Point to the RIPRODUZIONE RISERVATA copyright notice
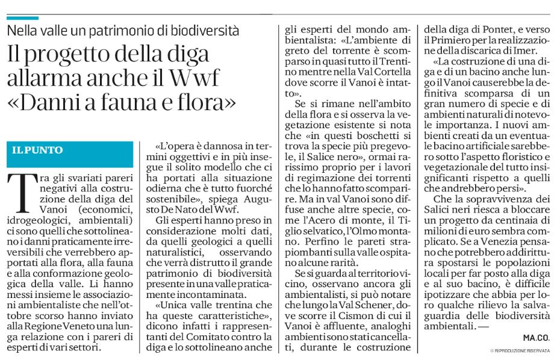[x=521, y=350]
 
